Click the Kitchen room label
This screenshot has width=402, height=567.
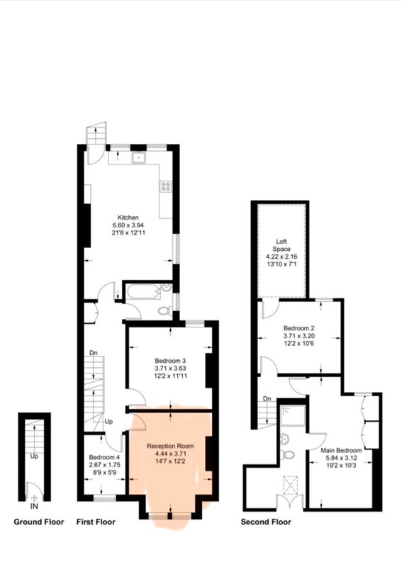coord(128,218)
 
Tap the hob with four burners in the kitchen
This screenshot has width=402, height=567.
coord(165,186)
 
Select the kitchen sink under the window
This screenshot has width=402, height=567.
coord(138,157)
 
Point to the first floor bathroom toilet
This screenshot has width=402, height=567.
coord(165,310)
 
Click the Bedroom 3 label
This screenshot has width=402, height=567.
coord(170,361)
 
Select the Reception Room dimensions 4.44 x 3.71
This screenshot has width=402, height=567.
coord(170,454)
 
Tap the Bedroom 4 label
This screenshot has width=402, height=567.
coord(104,456)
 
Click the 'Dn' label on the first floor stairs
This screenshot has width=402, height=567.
coord(94,352)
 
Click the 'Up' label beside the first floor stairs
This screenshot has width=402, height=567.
coord(108,421)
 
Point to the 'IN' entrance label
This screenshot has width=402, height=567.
coord(34,506)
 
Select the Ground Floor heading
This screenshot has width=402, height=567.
coord(39,522)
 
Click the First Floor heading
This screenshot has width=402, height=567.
coord(96,522)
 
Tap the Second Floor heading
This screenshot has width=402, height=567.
coord(266,522)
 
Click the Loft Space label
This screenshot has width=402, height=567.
coord(281,245)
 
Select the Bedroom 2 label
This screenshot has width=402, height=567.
coord(299,328)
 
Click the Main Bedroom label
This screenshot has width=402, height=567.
coord(341,450)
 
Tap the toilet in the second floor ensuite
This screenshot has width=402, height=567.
coord(288,454)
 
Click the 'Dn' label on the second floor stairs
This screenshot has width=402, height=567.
coord(267,398)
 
